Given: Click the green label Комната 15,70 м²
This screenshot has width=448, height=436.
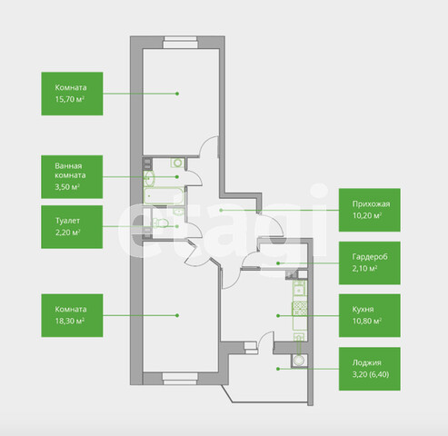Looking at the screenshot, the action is [72, 94].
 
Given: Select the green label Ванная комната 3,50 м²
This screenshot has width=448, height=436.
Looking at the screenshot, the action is [72, 177].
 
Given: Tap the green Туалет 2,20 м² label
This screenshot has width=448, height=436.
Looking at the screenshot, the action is [72, 227].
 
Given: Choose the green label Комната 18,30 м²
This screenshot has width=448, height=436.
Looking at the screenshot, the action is [72, 315].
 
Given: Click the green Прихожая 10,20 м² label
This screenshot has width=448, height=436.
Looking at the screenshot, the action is [370, 210].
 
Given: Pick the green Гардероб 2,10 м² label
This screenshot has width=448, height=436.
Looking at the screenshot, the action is [370, 263].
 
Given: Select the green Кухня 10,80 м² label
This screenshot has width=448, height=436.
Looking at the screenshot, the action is [370, 315].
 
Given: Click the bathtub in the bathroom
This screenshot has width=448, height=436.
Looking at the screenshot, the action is [164, 196].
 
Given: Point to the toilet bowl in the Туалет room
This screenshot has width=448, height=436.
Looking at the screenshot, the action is [161, 223].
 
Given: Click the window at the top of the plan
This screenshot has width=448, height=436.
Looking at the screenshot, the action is [180, 43].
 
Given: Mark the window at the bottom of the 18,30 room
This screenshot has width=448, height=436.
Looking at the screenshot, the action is [180, 379].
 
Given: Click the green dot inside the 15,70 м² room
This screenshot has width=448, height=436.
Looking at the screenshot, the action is [177, 94].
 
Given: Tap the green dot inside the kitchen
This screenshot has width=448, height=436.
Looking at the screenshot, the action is [278, 315].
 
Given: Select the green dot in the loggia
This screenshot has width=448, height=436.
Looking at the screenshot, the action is [278, 369].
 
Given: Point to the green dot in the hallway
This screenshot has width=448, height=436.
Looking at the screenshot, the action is [221, 210].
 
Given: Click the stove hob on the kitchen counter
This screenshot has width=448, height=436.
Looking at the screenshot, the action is [300, 308].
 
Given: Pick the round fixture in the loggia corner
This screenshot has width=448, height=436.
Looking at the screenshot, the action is [300, 361].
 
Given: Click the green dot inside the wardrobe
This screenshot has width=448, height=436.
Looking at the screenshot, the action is [278, 263].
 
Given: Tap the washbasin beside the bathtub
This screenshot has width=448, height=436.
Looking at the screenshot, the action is [149, 178].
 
